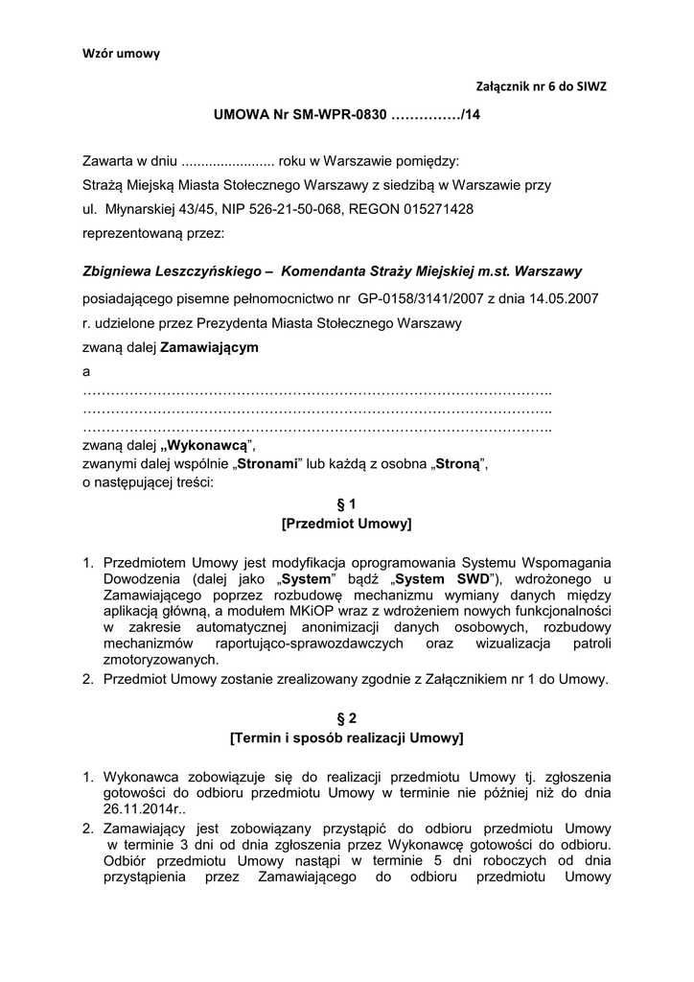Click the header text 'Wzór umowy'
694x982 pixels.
121,54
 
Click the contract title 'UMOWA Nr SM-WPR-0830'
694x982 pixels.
301,114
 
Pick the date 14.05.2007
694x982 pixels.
567,298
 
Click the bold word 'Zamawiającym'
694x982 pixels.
209,346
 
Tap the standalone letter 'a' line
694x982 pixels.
87,370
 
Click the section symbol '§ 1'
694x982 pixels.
346,503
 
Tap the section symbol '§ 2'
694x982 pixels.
346,717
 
